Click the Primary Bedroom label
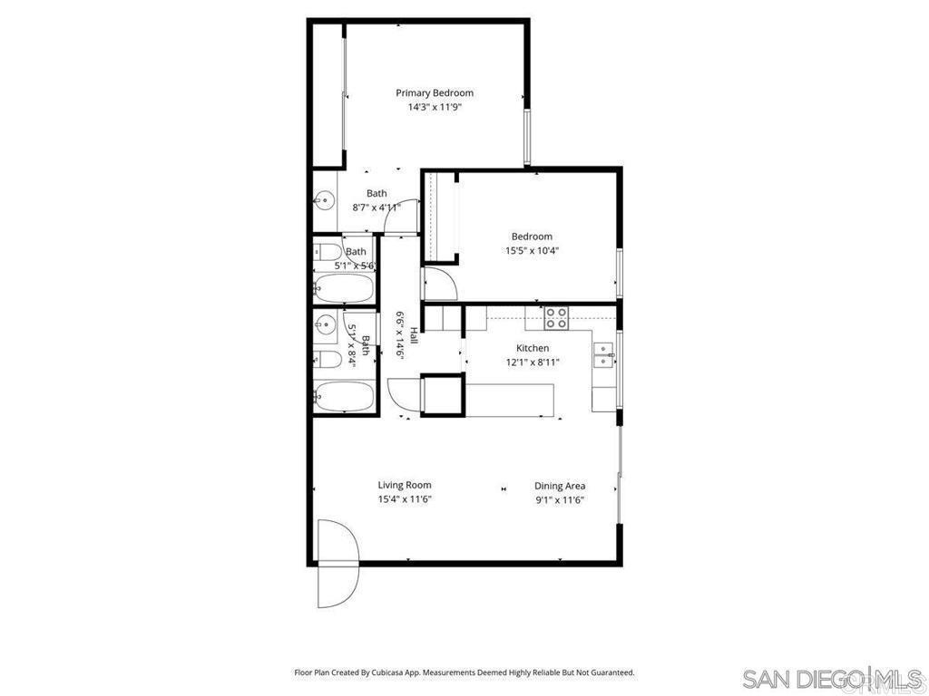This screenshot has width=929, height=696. [x=434, y=92]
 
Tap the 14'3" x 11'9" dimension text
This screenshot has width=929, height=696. [x=434, y=107]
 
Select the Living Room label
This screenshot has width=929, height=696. [x=405, y=485]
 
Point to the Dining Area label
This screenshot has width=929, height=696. [x=560, y=486]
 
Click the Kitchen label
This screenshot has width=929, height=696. [x=533, y=348]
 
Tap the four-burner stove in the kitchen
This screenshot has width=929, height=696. [x=556, y=318]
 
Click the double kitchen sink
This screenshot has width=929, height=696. [x=603, y=354]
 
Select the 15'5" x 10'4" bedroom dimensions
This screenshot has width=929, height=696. [x=532, y=251]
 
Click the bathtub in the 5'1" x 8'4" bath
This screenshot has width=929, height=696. [x=343, y=396]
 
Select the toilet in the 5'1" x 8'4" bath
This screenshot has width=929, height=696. [x=328, y=360]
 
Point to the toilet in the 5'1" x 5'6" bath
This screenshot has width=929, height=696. [x=328, y=253]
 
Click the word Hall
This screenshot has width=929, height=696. [x=413, y=335]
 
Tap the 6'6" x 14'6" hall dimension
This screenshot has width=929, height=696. [x=399, y=335]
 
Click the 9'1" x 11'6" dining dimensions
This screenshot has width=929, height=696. [x=560, y=499]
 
